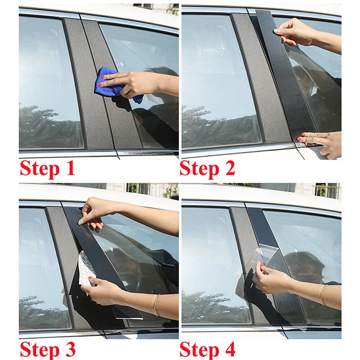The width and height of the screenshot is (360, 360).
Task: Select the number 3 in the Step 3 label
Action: (67, 350)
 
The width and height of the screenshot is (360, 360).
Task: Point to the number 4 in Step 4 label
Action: (228, 350)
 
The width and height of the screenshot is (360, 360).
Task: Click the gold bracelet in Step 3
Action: (156, 305)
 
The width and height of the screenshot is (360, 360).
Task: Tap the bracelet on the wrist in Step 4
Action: (322, 295)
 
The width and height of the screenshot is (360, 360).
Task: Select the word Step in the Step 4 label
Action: (200, 350)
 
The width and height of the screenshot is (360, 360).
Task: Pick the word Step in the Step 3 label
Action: (40, 350)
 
